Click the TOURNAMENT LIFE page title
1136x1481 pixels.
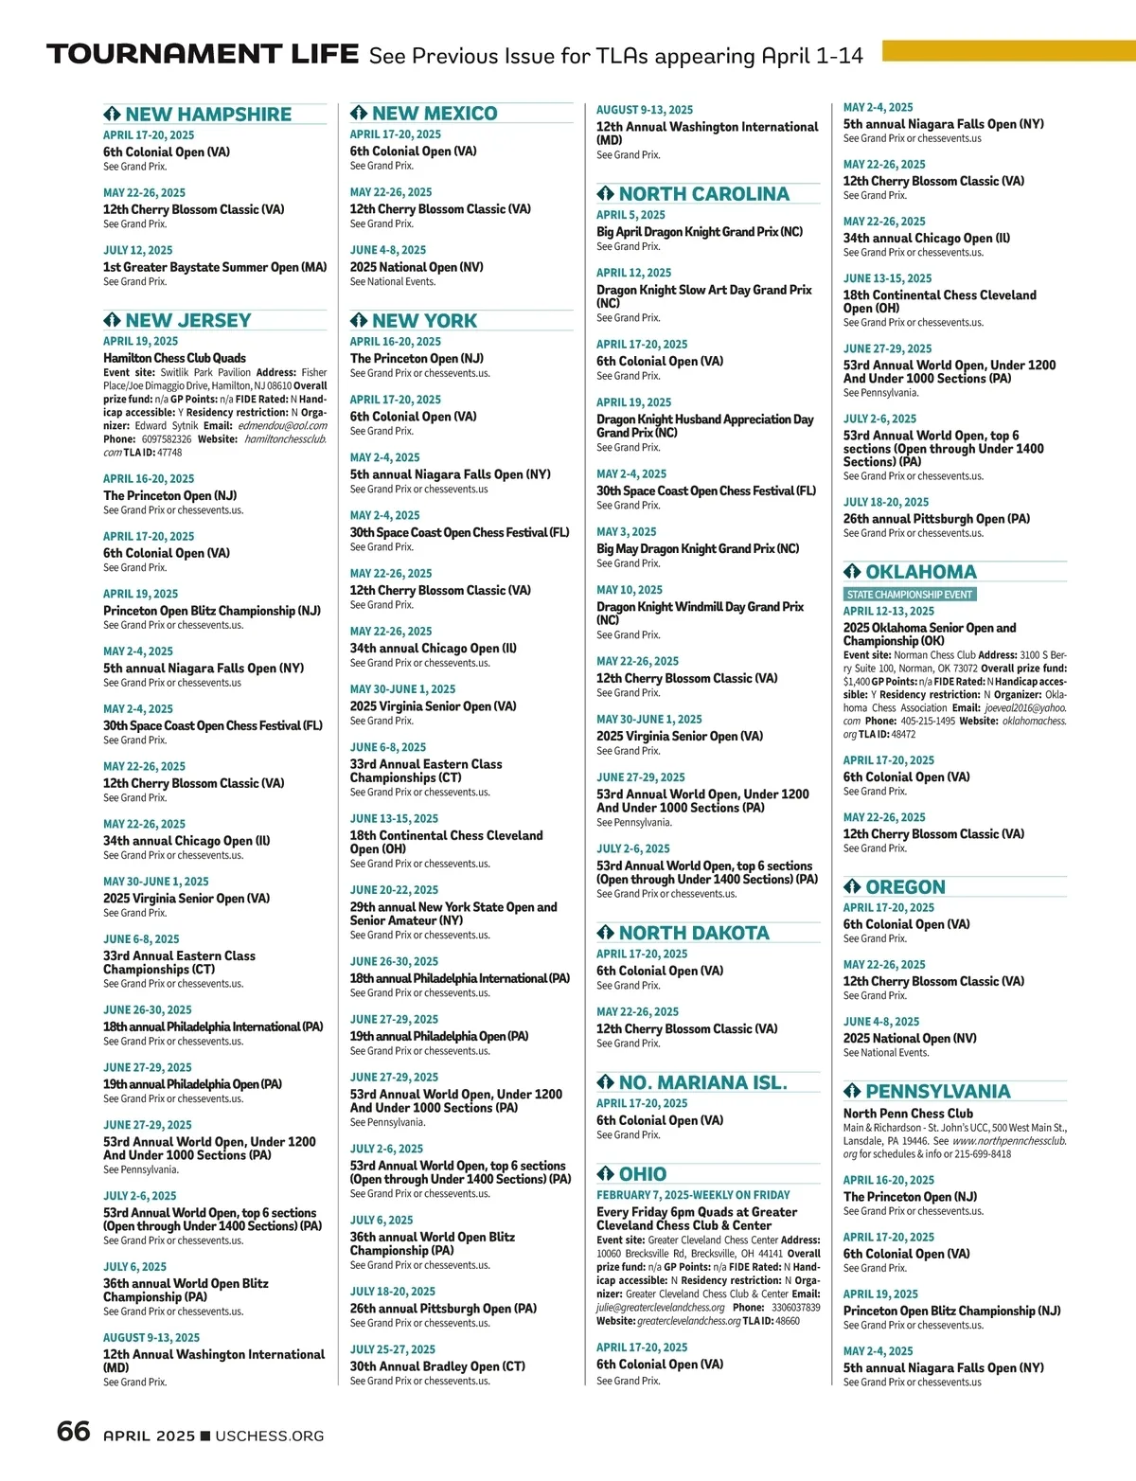tap(203, 54)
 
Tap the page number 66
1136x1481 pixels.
tap(73, 1431)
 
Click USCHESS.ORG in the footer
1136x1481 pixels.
tap(270, 1436)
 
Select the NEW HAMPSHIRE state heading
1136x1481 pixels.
tap(208, 115)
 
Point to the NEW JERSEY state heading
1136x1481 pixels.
tap(187, 321)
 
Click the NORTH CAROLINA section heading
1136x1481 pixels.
tap(703, 194)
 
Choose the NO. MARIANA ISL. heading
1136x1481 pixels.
tap(702, 1082)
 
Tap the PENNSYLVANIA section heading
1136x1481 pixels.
tap(937, 1092)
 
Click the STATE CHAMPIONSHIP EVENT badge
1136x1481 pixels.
tap(910, 595)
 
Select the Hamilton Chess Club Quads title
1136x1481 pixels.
tap(174, 358)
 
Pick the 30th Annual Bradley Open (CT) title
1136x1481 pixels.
tap(437, 1366)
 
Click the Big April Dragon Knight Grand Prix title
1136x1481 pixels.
tap(700, 232)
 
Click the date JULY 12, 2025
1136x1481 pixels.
tap(138, 251)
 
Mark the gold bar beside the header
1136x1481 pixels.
tap(1008, 50)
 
